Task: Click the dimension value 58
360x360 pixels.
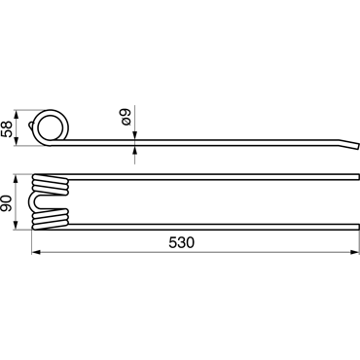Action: pyautogui.click(x=7, y=128)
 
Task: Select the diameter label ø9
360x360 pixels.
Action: pyautogui.click(x=125, y=118)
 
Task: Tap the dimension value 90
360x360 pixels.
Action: pyautogui.click(x=7, y=203)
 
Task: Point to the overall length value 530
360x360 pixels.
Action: pyautogui.click(x=181, y=242)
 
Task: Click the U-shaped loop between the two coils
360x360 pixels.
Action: pyautogui.click(x=35, y=202)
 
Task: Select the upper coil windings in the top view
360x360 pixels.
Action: pyautogui.click(x=51, y=185)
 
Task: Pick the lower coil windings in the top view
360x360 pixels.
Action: pyautogui.click(x=51, y=219)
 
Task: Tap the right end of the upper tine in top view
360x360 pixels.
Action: pyautogui.click(x=358, y=177)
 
